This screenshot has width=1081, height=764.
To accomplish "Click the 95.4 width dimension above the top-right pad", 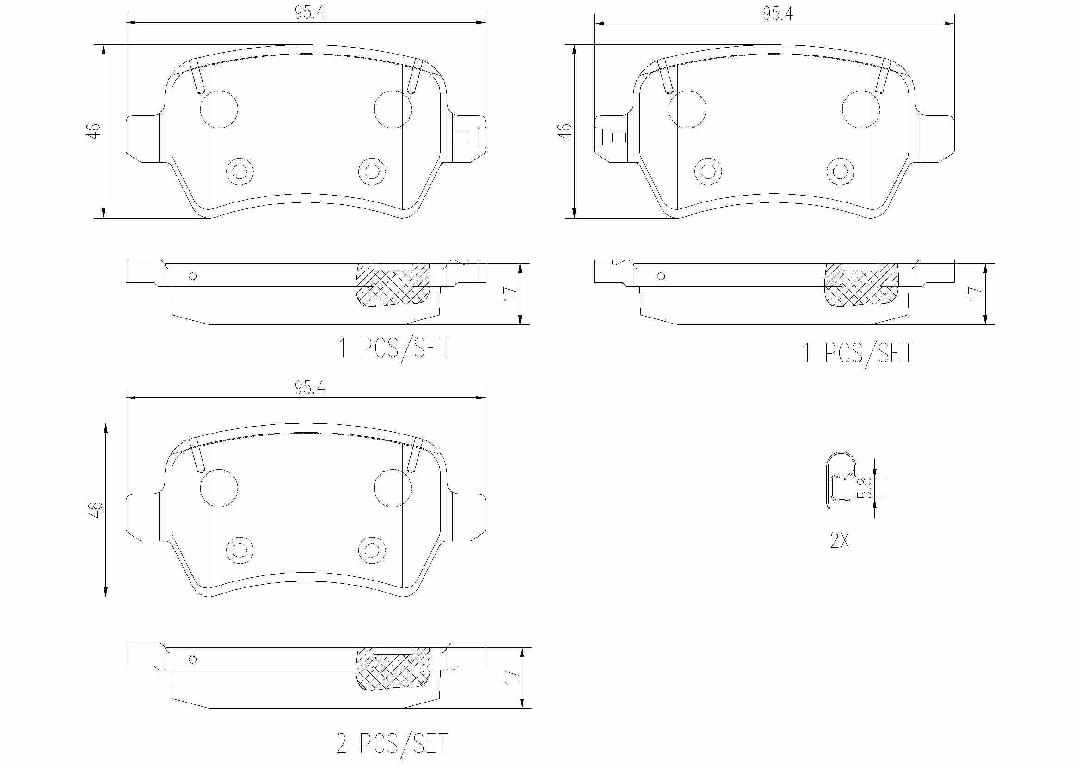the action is click(778, 15).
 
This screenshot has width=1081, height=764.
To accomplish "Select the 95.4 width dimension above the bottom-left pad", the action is click(310, 388).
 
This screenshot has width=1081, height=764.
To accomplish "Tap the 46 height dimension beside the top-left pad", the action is click(94, 131).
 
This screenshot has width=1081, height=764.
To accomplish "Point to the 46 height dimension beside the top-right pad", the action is click(564, 131).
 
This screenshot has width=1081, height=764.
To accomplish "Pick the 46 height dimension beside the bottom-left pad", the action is click(96, 510).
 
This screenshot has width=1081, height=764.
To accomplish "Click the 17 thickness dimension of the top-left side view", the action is click(510, 294).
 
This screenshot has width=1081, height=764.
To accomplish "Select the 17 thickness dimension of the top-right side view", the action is click(975, 294).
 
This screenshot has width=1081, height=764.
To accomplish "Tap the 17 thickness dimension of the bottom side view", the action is click(512, 678).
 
